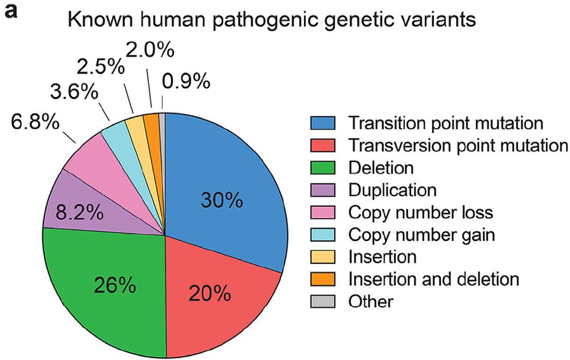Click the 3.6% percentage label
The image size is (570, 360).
(74, 92)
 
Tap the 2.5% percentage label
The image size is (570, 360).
(101, 66)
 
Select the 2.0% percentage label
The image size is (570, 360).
(150, 50)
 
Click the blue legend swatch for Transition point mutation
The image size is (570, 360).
(323, 123)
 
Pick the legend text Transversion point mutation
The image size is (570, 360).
(458, 146)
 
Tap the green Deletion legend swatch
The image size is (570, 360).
(323, 168)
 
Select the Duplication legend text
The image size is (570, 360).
(392, 190)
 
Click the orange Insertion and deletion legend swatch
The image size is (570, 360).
(323, 279)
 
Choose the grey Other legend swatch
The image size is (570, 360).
(323, 301)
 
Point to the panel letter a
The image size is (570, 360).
(11, 12)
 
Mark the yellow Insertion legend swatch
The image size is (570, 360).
(323, 257)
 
